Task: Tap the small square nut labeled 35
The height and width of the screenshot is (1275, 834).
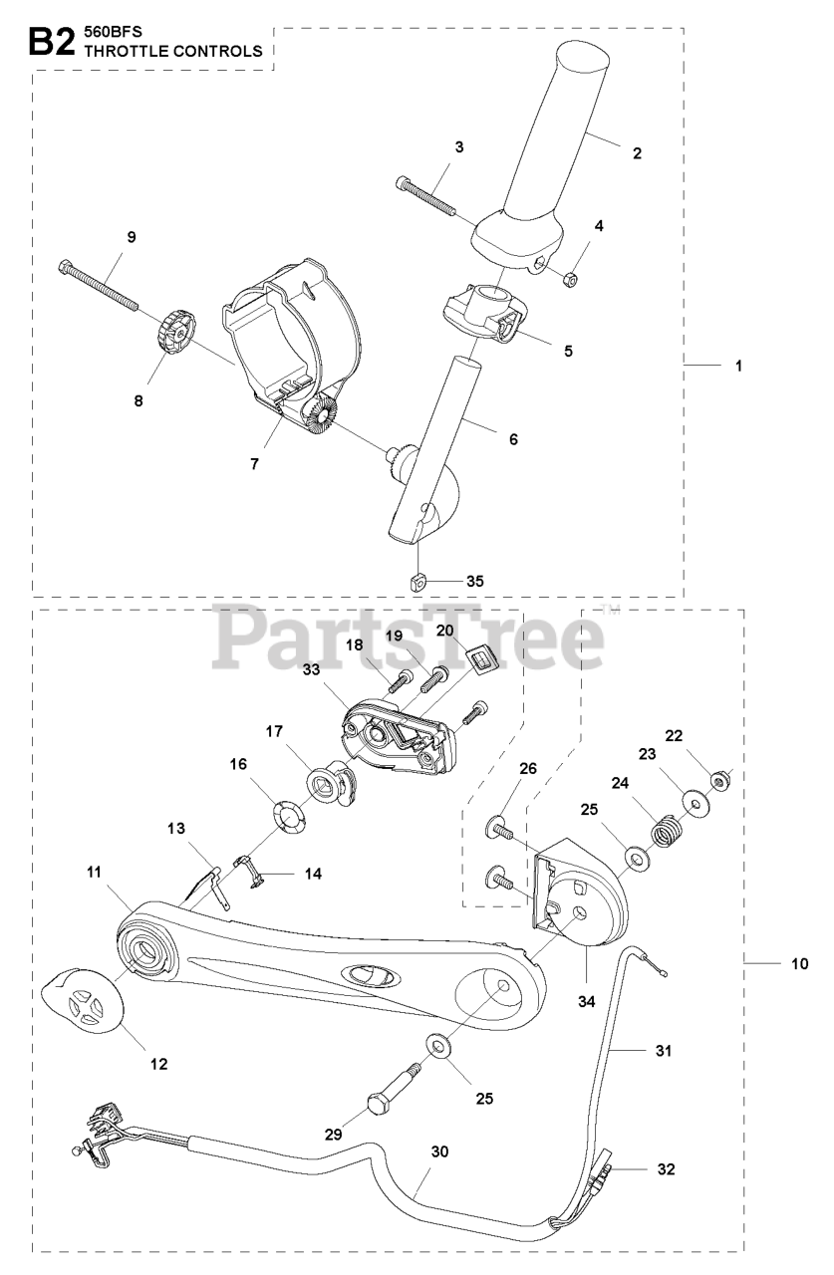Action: [420, 580]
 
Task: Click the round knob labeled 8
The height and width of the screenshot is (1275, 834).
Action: [176, 327]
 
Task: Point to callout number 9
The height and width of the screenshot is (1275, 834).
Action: [131, 237]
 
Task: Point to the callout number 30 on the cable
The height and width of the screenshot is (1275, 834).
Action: [439, 1151]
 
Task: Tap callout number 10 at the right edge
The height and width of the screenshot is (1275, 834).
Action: [798, 964]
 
